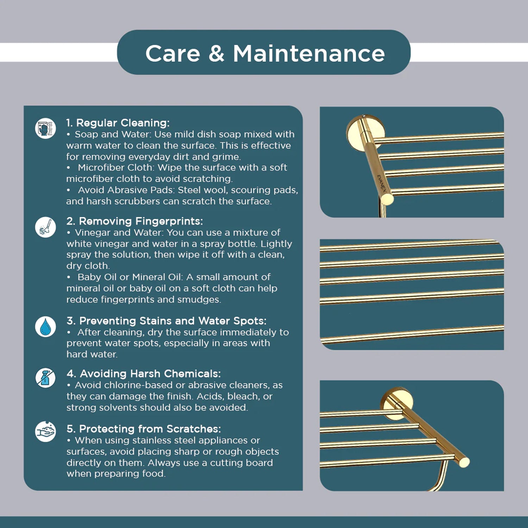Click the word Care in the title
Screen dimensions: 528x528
pos(173,54)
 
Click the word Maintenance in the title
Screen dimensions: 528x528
pos(309,54)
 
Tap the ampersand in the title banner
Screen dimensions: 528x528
pos(216,54)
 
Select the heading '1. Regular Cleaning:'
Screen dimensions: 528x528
pos(118,123)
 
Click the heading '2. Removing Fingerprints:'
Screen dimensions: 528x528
pos(134,221)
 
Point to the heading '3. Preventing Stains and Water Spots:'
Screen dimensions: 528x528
pos(166,321)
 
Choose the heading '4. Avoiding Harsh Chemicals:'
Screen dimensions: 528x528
pos(144,373)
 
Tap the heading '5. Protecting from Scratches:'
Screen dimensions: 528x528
pos(144,429)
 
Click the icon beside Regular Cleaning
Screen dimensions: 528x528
pos(45,128)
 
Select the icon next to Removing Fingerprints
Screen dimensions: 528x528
pos(45,227)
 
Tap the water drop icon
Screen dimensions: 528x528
pos(45,327)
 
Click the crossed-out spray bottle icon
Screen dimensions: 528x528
pos(45,378)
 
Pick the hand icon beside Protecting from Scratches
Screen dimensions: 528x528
pos(45,431)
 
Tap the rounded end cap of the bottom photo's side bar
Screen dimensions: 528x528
pos(464,462)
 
